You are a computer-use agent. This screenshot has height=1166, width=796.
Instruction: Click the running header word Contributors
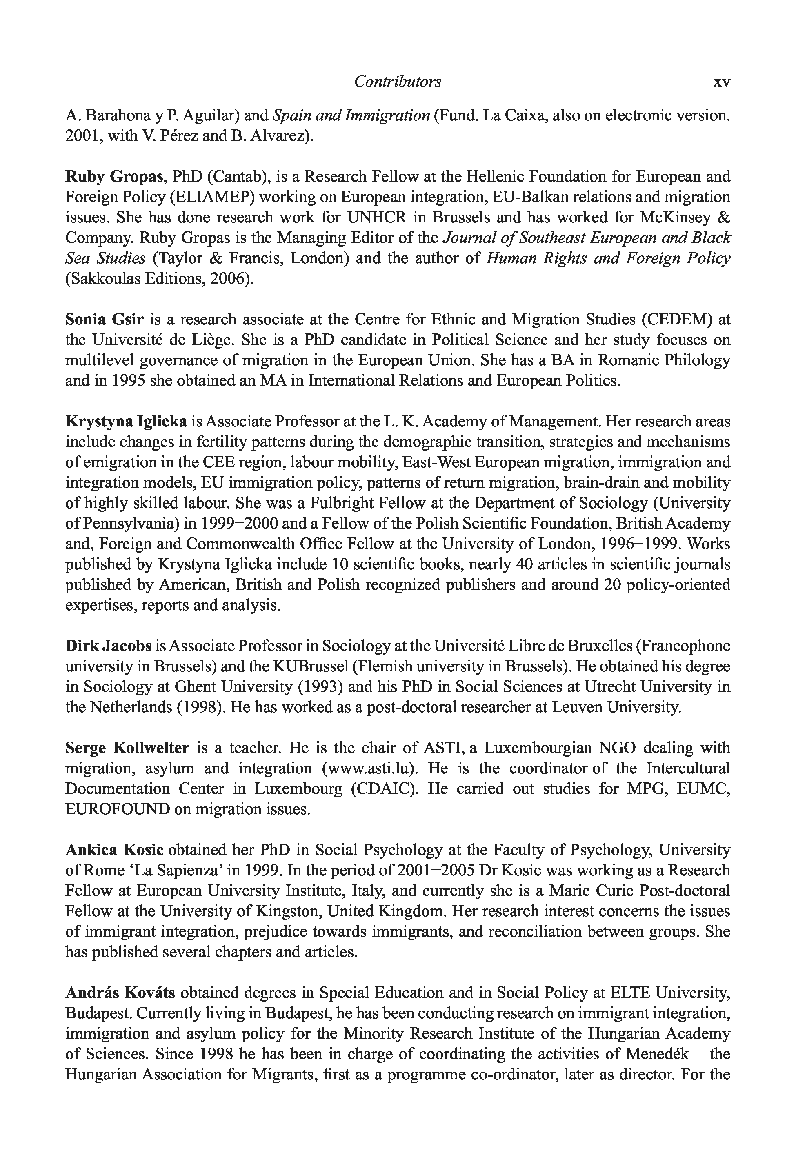coord(398,81)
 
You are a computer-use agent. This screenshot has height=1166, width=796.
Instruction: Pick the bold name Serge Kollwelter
coord(127,748)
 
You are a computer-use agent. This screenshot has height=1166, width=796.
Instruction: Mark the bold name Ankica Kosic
coord(114,850)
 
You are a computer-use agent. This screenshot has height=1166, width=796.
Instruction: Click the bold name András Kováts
coord(120,993)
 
